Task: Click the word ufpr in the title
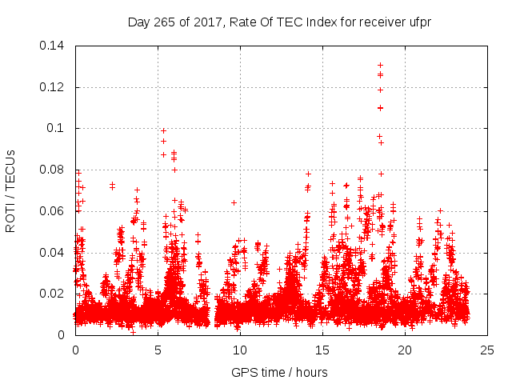pos(418,22)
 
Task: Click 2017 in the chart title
pos(208,22)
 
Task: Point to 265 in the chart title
pos(169,22)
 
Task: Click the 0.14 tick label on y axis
pos(54,46)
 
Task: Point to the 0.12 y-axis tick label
pos(54,87)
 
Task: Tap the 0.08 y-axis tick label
pos(54,170)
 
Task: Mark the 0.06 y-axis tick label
pos(54,211)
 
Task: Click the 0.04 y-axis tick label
pos(54,253)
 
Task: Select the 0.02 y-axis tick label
pos(54,294)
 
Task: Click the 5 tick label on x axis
pos(158,350)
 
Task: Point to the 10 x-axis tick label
pos(240,350)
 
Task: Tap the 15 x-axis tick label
pos(322,350)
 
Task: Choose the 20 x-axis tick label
pos(405,350)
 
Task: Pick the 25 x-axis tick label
pos(487,350)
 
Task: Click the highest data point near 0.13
pos(380,65)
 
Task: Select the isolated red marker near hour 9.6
pos(234,202)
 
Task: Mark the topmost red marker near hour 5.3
pos(163,130)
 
